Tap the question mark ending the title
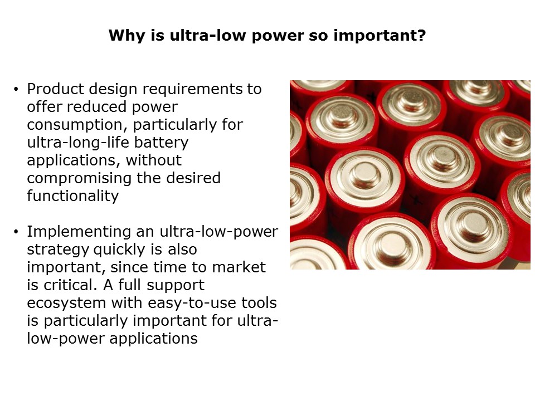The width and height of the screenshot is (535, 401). pos(421,36)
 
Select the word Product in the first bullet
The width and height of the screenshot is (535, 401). pos(53,89)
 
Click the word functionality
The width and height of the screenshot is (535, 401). pos(72,196)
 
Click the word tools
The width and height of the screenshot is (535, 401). pos(261,303)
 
